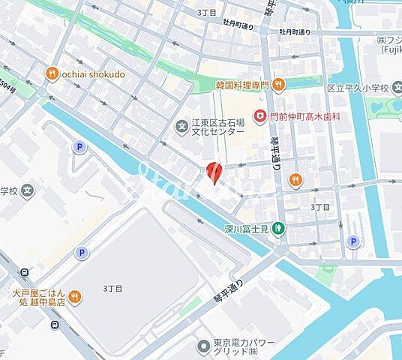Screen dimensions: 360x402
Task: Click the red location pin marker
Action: [x=214, y=172]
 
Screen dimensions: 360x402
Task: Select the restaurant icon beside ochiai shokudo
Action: [x=52, y=73]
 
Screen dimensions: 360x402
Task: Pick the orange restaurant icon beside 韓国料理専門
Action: [x=278, y=84]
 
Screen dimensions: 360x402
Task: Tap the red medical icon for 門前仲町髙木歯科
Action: [x=259, y=116]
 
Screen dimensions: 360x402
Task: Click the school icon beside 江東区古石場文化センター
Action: [x=181, y=125]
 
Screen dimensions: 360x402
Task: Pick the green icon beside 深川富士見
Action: [x=277, y=228]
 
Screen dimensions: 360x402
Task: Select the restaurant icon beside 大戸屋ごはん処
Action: [x=75, y=298]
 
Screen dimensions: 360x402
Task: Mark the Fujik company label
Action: [x=389, y=46]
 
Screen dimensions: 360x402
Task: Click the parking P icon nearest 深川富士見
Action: [x=352, y=241]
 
